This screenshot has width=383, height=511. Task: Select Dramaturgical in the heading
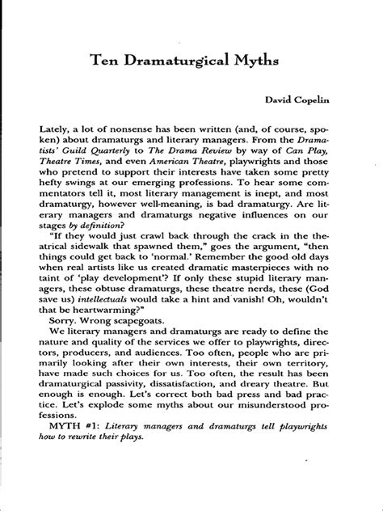(x=182, y=61)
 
